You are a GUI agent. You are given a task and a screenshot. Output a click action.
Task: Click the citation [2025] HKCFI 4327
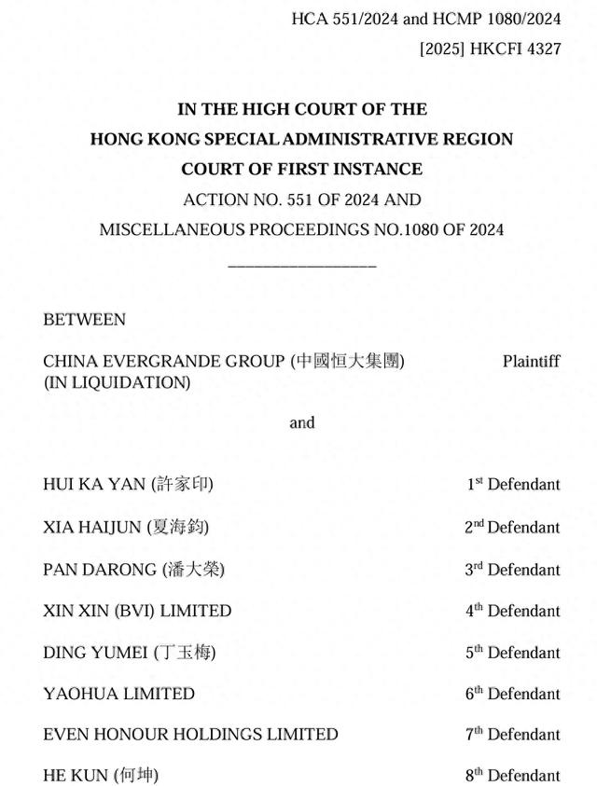pyautogui.click(x=490, y=48)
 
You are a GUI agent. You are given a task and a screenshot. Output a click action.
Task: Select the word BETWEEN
pyautogui.click(x=84, y=319)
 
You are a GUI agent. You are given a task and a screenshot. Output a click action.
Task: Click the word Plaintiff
pyautogui.click(x=531, y=361)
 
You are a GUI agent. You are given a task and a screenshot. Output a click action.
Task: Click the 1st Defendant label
pyautogui.click(x=513, y=484)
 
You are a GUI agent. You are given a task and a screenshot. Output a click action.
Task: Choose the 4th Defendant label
pyautogui.click(x=512, y=611)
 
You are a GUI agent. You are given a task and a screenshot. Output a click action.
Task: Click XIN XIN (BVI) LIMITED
pyautogui.click(x=137, y=611)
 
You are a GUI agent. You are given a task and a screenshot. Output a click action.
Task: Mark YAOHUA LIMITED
pyautogui.click(x=118, y=694)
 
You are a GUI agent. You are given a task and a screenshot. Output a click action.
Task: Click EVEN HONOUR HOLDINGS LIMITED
pyautogui.click(x=190, y=735)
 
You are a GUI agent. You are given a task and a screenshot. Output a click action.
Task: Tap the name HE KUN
pyautogui.click(x=76, y=775)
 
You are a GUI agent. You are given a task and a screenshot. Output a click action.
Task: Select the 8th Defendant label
pyautogui.click(x=512, y=775)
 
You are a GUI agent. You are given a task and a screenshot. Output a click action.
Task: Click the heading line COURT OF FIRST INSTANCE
pyautogui.click(x=301, y=169)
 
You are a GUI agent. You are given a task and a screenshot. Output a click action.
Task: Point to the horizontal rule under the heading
pyautogui.click(x=301, y=267)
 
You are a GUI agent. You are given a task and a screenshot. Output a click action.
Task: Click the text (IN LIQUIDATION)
pyautogui.click(x=117, y=382)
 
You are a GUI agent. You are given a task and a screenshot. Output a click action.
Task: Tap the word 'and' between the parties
pyautogui.click(x=301, y=422)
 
